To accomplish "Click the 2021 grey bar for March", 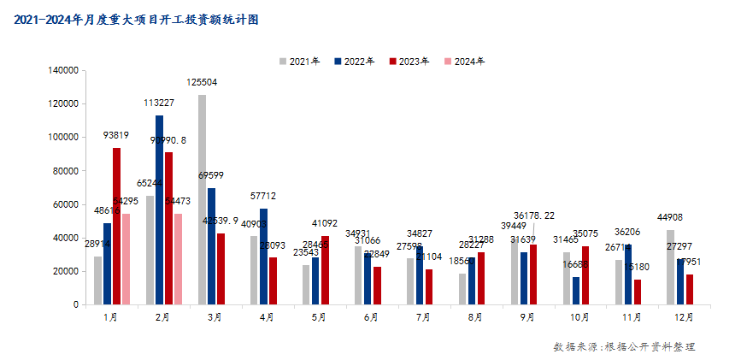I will click(202, 199).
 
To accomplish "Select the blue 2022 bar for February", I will click(159, 210).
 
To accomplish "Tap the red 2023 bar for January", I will click(116, 226).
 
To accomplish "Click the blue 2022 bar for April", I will click(263, 256).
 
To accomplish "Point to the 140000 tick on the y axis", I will click(64, 70).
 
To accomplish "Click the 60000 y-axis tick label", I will click(67, 204).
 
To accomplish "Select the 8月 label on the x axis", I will click(475, 317).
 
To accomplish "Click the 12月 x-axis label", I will click(683, 317).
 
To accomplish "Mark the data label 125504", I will click(203, 83).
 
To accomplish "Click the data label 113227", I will click(159, 103).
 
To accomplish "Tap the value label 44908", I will click(670, 217).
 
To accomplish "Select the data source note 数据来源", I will click(624, 346).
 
